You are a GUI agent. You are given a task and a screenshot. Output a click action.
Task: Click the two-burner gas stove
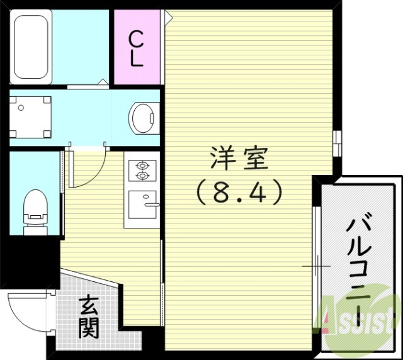tap(142, 170)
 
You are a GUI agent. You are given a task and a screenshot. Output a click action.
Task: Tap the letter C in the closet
tap(137, 39)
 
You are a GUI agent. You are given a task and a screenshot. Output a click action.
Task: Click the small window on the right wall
tap(338, 145)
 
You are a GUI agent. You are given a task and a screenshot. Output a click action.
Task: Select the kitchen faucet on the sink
tap(151, 203)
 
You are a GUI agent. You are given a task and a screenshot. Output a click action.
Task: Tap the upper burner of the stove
tap(141, 165)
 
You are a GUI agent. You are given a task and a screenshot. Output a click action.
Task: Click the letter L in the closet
tap(137, 60)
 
